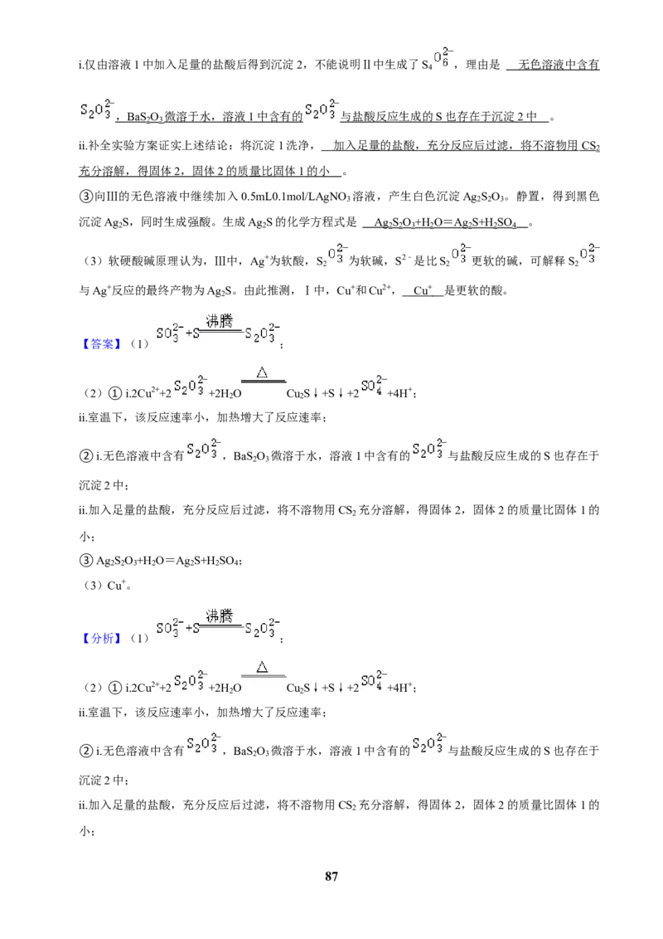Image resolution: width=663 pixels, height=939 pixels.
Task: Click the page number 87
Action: pos(331,876)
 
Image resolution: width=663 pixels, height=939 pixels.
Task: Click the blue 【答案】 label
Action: pos(102,343)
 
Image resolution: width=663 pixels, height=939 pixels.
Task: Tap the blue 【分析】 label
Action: pos(102,639)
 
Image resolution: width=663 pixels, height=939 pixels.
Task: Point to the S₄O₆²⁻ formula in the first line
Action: pos(437,60)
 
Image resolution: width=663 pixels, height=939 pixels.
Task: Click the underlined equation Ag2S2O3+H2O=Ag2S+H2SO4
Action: pos(444,223)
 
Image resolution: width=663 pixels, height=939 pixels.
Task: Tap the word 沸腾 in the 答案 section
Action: pos(219,321)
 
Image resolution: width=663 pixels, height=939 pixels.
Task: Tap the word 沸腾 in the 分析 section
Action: pos(219,615)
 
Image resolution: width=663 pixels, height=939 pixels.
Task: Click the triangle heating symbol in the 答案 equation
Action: pos(262,373)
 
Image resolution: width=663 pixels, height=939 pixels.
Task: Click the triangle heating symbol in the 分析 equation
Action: pos(262,667)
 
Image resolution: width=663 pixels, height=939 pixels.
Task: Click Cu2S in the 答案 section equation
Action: pos(298,393)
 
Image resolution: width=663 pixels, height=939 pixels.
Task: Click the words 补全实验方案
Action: pos(123,145)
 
